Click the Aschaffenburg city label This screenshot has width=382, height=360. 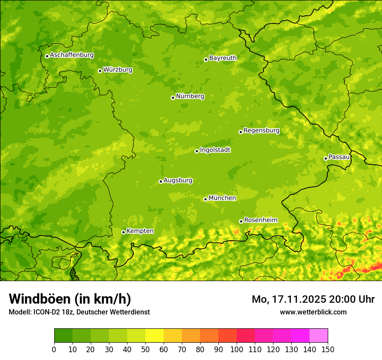click(72, 55)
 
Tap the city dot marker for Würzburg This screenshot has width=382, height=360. click(100, 71)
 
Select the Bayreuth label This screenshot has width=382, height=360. click(223, 58)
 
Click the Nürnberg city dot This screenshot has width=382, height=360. click(173, 98)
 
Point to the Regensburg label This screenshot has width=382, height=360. click(261, 130)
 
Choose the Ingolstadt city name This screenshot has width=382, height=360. click(215, 150)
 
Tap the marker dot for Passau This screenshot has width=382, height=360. click(326, 158)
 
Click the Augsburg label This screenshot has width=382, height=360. click(178, 180)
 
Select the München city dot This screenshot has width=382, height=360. click(205, 199)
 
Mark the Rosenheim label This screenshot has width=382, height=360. click(260, 220)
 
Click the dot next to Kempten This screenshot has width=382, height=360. click(123, 232)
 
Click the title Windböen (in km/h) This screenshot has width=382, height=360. click(69, 299)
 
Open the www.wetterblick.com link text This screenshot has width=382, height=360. click(313, 312)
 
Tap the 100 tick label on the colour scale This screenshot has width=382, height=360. click(237, 349)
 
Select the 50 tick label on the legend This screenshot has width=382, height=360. click(145, 349)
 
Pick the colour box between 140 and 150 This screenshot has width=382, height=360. click(319, 336)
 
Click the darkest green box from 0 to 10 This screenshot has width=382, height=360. click(63, 336)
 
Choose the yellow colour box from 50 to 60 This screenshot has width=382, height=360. click(155, 336)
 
